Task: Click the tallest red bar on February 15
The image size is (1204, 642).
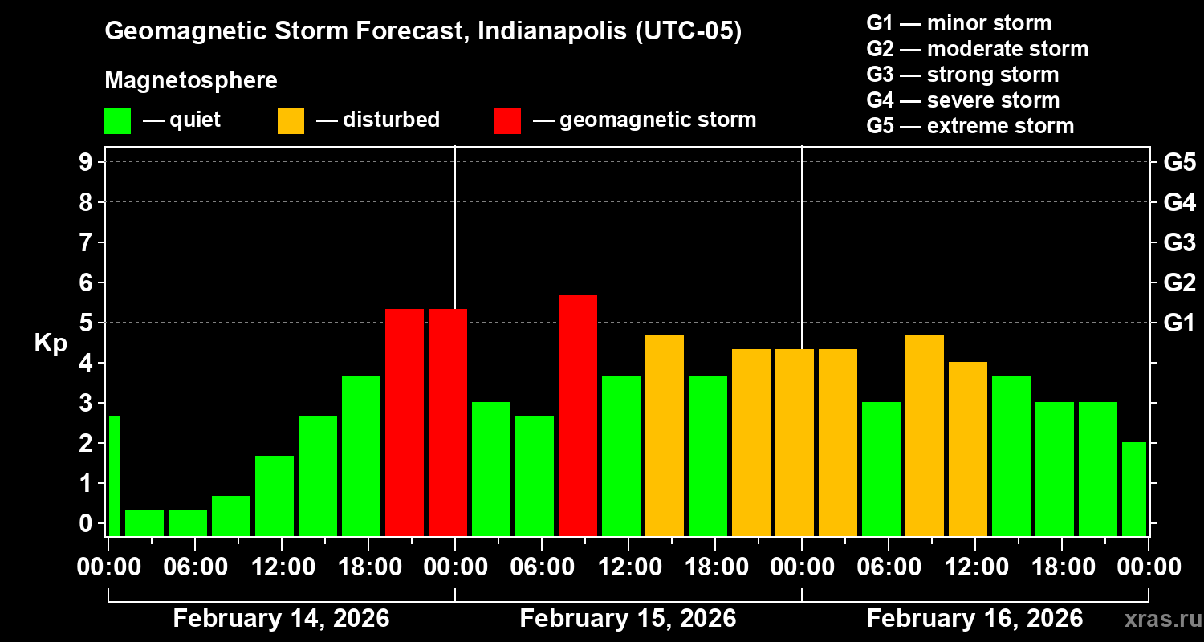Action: [x=578, y=415]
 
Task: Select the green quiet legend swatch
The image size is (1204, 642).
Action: [x=117, y=121]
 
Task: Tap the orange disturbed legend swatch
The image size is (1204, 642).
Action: [x=291, y=121]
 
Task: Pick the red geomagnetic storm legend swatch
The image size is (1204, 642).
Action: [x=507, y=121]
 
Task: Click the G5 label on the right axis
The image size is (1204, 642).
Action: [x=1179, y=162]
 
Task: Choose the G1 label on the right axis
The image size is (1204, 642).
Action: [x=1179, y=323]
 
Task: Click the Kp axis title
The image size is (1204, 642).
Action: [x=51, y=343]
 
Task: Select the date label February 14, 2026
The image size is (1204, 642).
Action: [x=281, y=619]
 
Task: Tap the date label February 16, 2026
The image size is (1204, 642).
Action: [x=974, y=619]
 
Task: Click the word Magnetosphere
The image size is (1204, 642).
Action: [x=191, y=81]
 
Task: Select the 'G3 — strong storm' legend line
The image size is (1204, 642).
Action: [x=962, y=75]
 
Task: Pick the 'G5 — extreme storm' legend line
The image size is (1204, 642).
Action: [x=970, y=126]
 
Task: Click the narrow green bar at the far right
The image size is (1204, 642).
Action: [x=1134, y=489]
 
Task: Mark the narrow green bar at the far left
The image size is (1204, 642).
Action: [x=114, y=475]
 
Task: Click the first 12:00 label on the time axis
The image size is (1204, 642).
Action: [x=283, y=567]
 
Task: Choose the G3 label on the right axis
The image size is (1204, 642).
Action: [x=1179, y=242]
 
